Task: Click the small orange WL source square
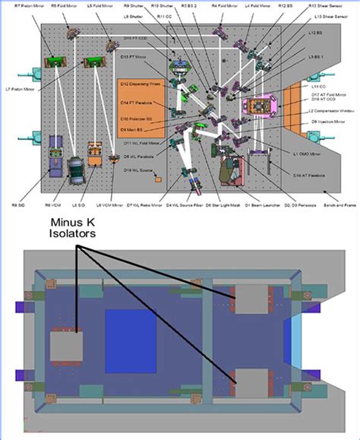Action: point(157,180)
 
